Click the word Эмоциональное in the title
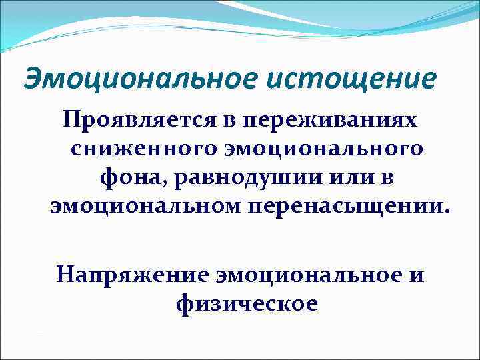point(136,79)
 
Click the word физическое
point(247,303)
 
